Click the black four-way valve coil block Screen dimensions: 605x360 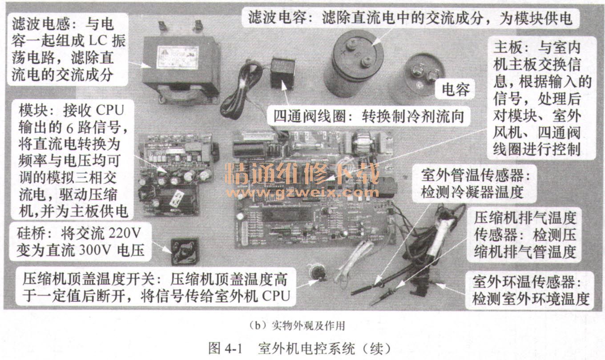pyautogui.click(x=282, y=73)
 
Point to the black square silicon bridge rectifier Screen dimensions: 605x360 pyautogui.click(x=185, y=251)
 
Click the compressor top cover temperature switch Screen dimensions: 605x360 pyautogui.click(x=317, y=273)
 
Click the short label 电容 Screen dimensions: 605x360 pyautogui.click(x=456, y=89)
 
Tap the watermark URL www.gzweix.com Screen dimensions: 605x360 pyautogui.click(x=302, y=192)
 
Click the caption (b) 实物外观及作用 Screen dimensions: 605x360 pyautogui.click(x=297, y=326)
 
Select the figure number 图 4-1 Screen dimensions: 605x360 pyautogui.click(x=225, y=348)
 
